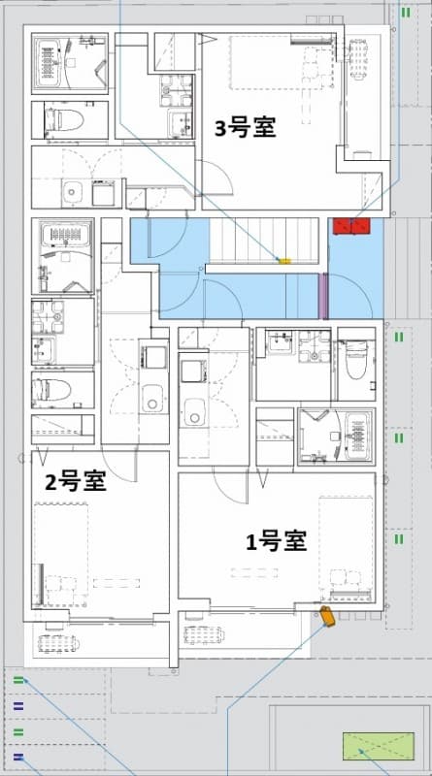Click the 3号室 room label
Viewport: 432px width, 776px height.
[x=245, y=127]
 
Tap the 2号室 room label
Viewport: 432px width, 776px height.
[x=75, y=480]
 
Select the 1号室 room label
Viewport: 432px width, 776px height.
[x=276, y=541]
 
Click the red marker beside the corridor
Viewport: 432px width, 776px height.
[x=350, y=226]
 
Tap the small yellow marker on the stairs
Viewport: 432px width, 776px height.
[x=284, y=260]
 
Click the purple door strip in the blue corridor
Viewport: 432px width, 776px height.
[x=324, y=296]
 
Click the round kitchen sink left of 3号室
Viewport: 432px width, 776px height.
[x=70, y=191]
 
